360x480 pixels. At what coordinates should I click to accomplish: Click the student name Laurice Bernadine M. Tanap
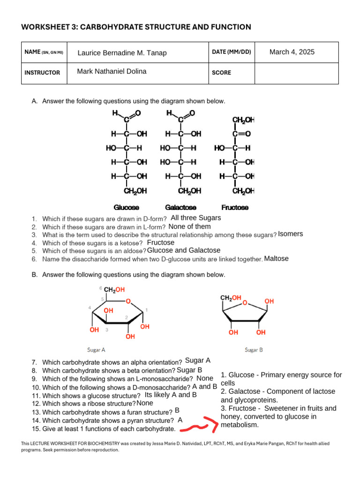(122, 53)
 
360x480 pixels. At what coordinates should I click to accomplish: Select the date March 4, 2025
(292, 52)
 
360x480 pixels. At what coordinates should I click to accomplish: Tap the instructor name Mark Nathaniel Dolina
(112, 71)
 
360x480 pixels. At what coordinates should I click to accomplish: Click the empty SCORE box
(296, 73)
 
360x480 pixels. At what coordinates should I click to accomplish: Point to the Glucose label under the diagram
(127, 207)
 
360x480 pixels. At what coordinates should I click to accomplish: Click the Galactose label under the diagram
(180, 207)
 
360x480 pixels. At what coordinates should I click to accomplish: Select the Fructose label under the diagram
(235, 207)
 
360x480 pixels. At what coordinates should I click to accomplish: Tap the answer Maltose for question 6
(277, 259)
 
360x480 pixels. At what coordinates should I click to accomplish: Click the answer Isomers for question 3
(291, 234)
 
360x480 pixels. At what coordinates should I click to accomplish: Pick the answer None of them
(189, 226)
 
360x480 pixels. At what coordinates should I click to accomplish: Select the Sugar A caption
(96, 350)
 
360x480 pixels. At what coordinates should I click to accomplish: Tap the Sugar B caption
(254, 350)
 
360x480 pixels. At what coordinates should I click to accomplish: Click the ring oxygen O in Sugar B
(244, 303)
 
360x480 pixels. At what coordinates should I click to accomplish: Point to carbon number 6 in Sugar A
(101, 288)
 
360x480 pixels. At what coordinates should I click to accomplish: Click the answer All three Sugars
(196, 218)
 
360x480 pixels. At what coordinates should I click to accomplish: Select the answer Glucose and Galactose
(184, 250)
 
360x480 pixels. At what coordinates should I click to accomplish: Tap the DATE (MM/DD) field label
(232, 52)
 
